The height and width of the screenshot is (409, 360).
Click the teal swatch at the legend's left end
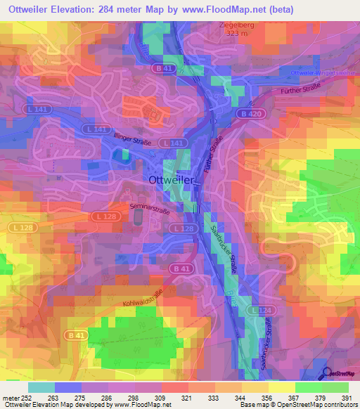click(41, 387)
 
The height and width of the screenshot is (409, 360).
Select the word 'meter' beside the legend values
click(10, 397)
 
